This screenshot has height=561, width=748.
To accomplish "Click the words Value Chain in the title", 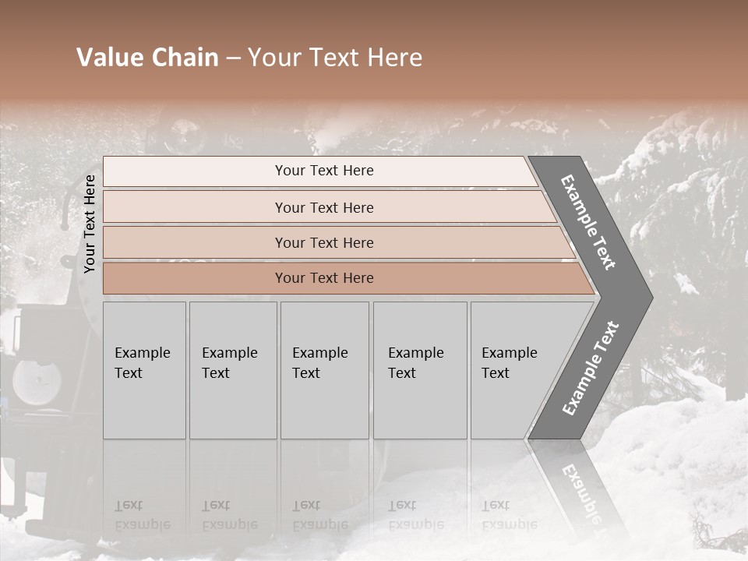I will coord(147,58).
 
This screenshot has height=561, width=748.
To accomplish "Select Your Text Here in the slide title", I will coord(335,58).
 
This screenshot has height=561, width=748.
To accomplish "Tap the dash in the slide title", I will coord(233,58).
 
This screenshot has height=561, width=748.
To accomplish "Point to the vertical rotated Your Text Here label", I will coord(90,224).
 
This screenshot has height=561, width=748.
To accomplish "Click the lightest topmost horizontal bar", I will coord(323,171).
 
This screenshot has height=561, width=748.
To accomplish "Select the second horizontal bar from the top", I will coord(323,207).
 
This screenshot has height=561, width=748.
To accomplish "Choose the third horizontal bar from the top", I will coord(323,242).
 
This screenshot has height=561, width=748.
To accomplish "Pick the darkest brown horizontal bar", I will coord(323,278).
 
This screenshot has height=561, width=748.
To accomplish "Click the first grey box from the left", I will coord(144,370).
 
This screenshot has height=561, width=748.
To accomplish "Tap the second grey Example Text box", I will coord(233,370).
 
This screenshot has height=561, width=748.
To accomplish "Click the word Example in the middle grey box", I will coord(319,353).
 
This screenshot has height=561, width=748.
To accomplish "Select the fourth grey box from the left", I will coord(420,370).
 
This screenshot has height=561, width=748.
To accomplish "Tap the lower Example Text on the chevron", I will coord(591,368).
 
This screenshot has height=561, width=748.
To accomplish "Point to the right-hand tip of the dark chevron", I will coord(651,297).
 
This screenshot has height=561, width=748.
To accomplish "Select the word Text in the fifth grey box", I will coord(496,373).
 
